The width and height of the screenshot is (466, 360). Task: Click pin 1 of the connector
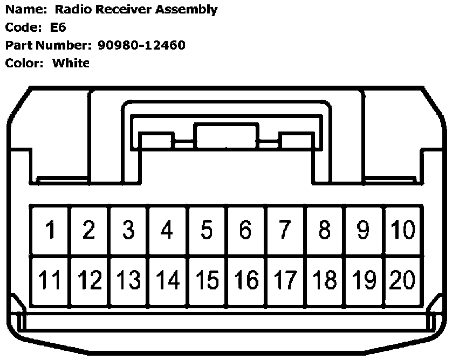click(50, 230)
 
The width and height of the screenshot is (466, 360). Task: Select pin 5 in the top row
click(207, 230)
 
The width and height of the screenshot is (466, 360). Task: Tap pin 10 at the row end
click(403, 230)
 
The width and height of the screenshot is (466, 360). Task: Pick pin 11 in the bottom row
click(50, 280)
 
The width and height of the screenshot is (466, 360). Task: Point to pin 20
click(403, 280)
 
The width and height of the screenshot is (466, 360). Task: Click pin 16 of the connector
click(246, 280)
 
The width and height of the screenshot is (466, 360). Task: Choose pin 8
click(324, 230)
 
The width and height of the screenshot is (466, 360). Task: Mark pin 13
click(128, 280)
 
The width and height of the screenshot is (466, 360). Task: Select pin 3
click(128, 230)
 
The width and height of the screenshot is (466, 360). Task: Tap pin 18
click(324, 280)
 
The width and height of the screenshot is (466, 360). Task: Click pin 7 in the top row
click(285, 230)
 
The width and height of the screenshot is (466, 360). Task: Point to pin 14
click(168, 280)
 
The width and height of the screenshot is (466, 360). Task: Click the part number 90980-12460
click(141, 45)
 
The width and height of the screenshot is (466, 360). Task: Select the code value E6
click(58, 27)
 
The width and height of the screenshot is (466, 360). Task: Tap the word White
click(71, 63)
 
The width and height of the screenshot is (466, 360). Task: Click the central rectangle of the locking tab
click(227, 136)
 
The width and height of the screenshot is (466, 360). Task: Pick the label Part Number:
click(49, 45)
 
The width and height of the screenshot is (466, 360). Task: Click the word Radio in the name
click(70, 9)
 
